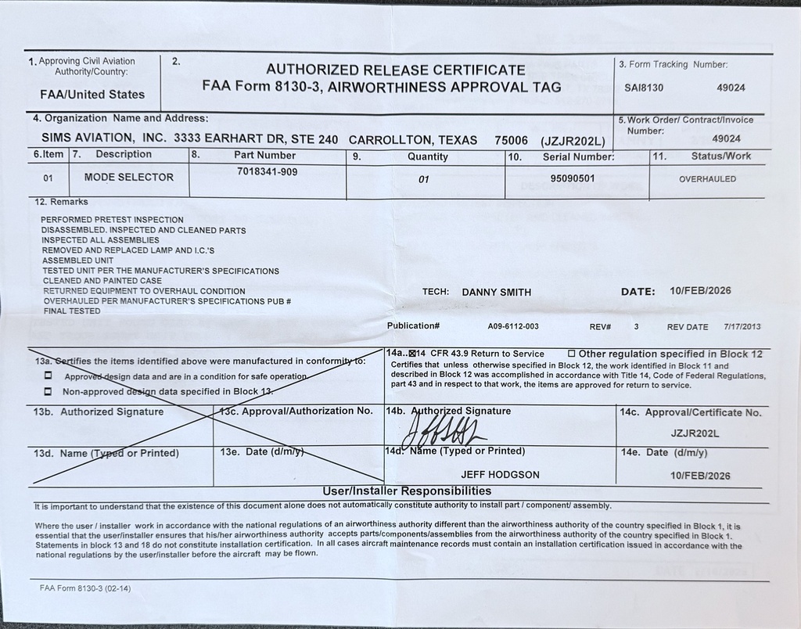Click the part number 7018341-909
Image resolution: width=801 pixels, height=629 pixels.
267,171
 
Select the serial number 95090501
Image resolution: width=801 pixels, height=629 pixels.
573,178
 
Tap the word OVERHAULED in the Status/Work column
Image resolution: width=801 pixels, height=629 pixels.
707,178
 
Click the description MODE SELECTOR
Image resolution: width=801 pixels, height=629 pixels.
129,178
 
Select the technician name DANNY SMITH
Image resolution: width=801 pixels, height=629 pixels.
496,292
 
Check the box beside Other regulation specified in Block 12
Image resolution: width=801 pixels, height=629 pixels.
571,354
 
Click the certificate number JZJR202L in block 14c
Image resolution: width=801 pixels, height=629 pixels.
695,433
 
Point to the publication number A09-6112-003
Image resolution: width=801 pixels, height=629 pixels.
513,326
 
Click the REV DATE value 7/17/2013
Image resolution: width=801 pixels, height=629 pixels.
742,326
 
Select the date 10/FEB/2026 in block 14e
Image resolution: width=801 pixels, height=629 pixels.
700,476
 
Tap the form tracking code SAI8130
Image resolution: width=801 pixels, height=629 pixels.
644,88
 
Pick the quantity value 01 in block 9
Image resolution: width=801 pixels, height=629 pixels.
424,179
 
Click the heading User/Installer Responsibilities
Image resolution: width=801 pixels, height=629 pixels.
408,491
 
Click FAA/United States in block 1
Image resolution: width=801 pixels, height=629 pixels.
92,95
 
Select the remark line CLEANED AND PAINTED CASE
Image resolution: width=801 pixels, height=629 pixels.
102,281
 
